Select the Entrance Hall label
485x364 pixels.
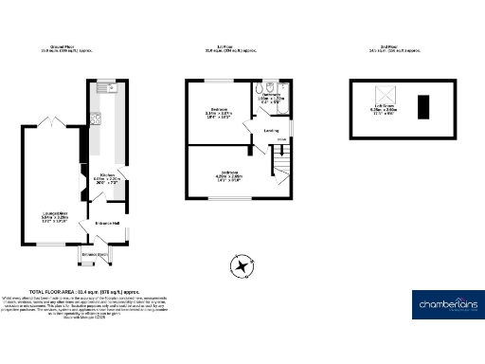tap(106, 224)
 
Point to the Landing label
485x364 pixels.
tap(270, 131)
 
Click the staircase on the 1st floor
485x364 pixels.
tap(278, 168)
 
